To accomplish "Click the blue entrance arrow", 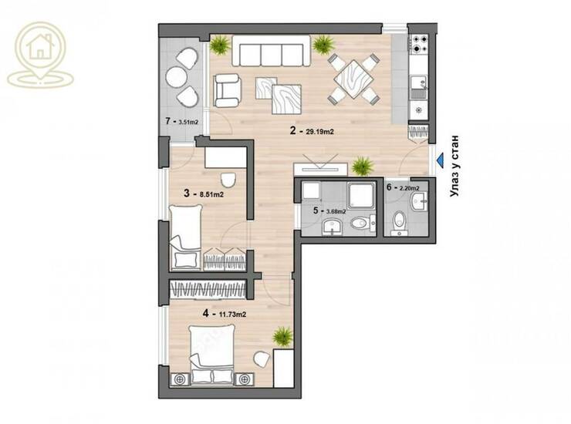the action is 440,160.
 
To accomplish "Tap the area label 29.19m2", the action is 319,132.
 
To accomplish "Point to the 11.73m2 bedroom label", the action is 232,314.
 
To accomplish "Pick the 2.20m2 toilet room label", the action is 409,188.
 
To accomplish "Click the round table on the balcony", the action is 176,77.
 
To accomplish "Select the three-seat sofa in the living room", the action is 272,51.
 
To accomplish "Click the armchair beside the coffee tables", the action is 227,90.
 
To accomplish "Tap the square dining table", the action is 354,79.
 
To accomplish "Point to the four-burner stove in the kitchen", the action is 419,43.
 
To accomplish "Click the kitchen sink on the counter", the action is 419,87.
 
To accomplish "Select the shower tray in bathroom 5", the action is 361,196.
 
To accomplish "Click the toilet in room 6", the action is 400,222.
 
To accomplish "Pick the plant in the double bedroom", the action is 283,336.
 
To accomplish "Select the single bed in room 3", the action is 185,237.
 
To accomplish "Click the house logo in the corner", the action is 40,55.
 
